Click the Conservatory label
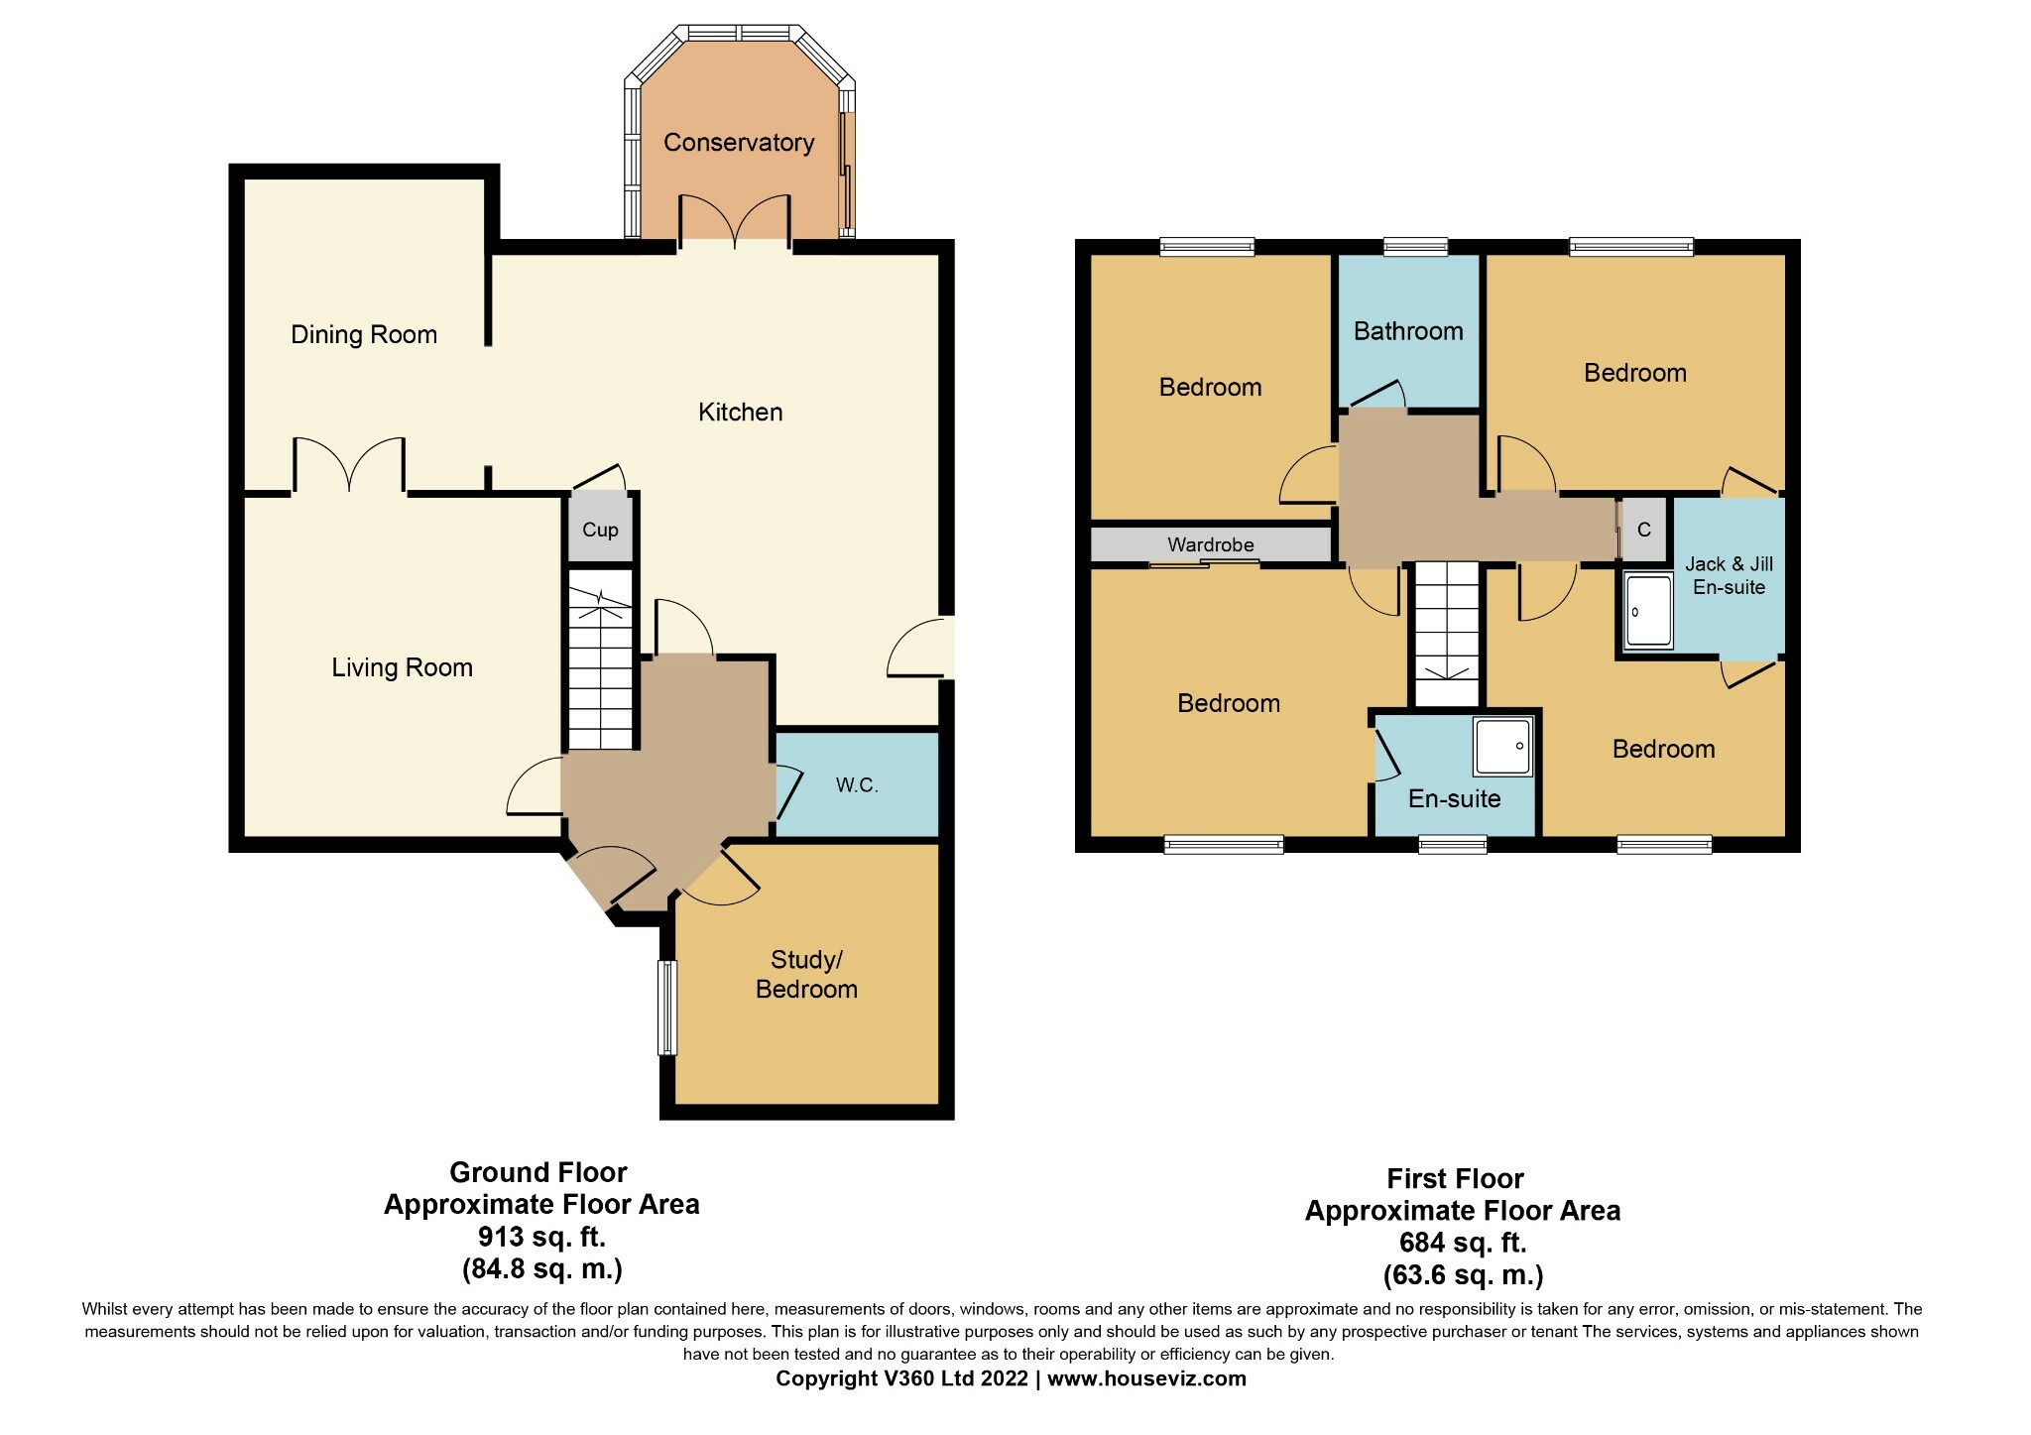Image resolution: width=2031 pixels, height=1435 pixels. coord(739,143)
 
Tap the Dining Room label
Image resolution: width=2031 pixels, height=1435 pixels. coord(364,335)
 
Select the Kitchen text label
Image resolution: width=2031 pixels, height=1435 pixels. coord(741,413)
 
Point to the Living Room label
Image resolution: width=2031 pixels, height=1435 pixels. coord(402,668)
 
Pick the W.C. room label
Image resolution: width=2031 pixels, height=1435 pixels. coord(857,785)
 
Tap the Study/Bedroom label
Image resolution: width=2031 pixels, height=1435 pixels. coord(806,975)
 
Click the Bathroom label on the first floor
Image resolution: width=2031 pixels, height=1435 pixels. coord(1408,331)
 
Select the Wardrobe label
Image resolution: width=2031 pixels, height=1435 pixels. coord(1211,544)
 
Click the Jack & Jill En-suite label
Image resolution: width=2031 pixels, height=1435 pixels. coord(1729,575)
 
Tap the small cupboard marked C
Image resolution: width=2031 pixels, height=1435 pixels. coord(1644,530)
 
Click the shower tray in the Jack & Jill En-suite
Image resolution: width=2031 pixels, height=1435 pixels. coord(1649,611)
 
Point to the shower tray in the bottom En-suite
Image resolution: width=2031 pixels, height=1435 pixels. coord(1503,747)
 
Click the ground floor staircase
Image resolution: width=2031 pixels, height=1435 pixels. coord(600,659)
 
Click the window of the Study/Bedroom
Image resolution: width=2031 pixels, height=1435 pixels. coord(667,1008)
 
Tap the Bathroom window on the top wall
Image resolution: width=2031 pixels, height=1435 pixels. coord(1415,246)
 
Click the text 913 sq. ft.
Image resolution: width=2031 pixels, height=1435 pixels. coord(541,1238)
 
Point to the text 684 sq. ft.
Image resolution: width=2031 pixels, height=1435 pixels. coord(1463,1243)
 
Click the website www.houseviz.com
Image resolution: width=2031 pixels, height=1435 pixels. coord(1146,1378)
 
